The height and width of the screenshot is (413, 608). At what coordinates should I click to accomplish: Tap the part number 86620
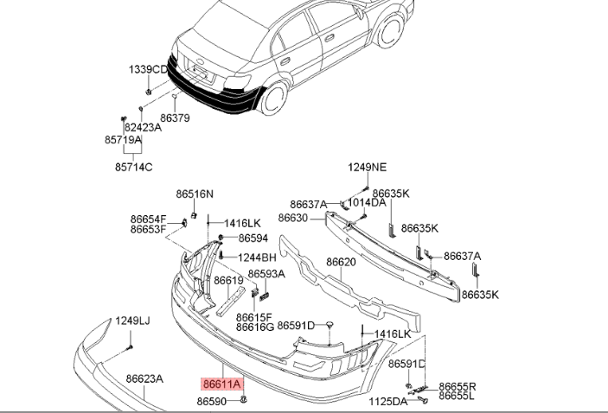pos(341,262)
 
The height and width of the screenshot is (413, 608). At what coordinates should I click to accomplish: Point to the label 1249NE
pos(368,168)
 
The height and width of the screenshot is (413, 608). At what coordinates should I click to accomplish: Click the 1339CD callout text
pos(149,69)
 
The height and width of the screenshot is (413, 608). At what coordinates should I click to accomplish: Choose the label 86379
pos(175,118)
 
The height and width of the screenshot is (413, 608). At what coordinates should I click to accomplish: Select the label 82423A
pos(143,126)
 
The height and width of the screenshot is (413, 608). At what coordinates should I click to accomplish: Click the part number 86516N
pos(195,194)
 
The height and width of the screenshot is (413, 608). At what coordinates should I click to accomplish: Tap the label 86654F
pos(148,219)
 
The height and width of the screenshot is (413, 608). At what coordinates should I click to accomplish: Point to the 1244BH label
pos(258,257)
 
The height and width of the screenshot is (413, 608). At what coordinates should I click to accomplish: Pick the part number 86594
pos(253,238)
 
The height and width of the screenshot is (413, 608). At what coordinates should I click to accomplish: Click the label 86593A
pos(266,274)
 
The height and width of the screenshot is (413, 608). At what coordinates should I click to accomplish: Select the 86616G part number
pos(255,327)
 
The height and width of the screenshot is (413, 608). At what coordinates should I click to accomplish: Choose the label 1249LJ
pos(133,321)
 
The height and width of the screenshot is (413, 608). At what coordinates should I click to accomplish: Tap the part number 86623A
pos(144,378)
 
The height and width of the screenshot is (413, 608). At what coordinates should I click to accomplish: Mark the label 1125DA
pos(388,402)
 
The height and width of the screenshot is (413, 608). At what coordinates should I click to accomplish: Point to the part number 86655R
pos(458,386)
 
